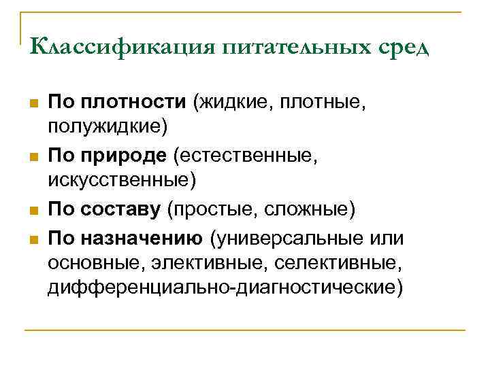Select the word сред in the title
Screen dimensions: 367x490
coord(404,49)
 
